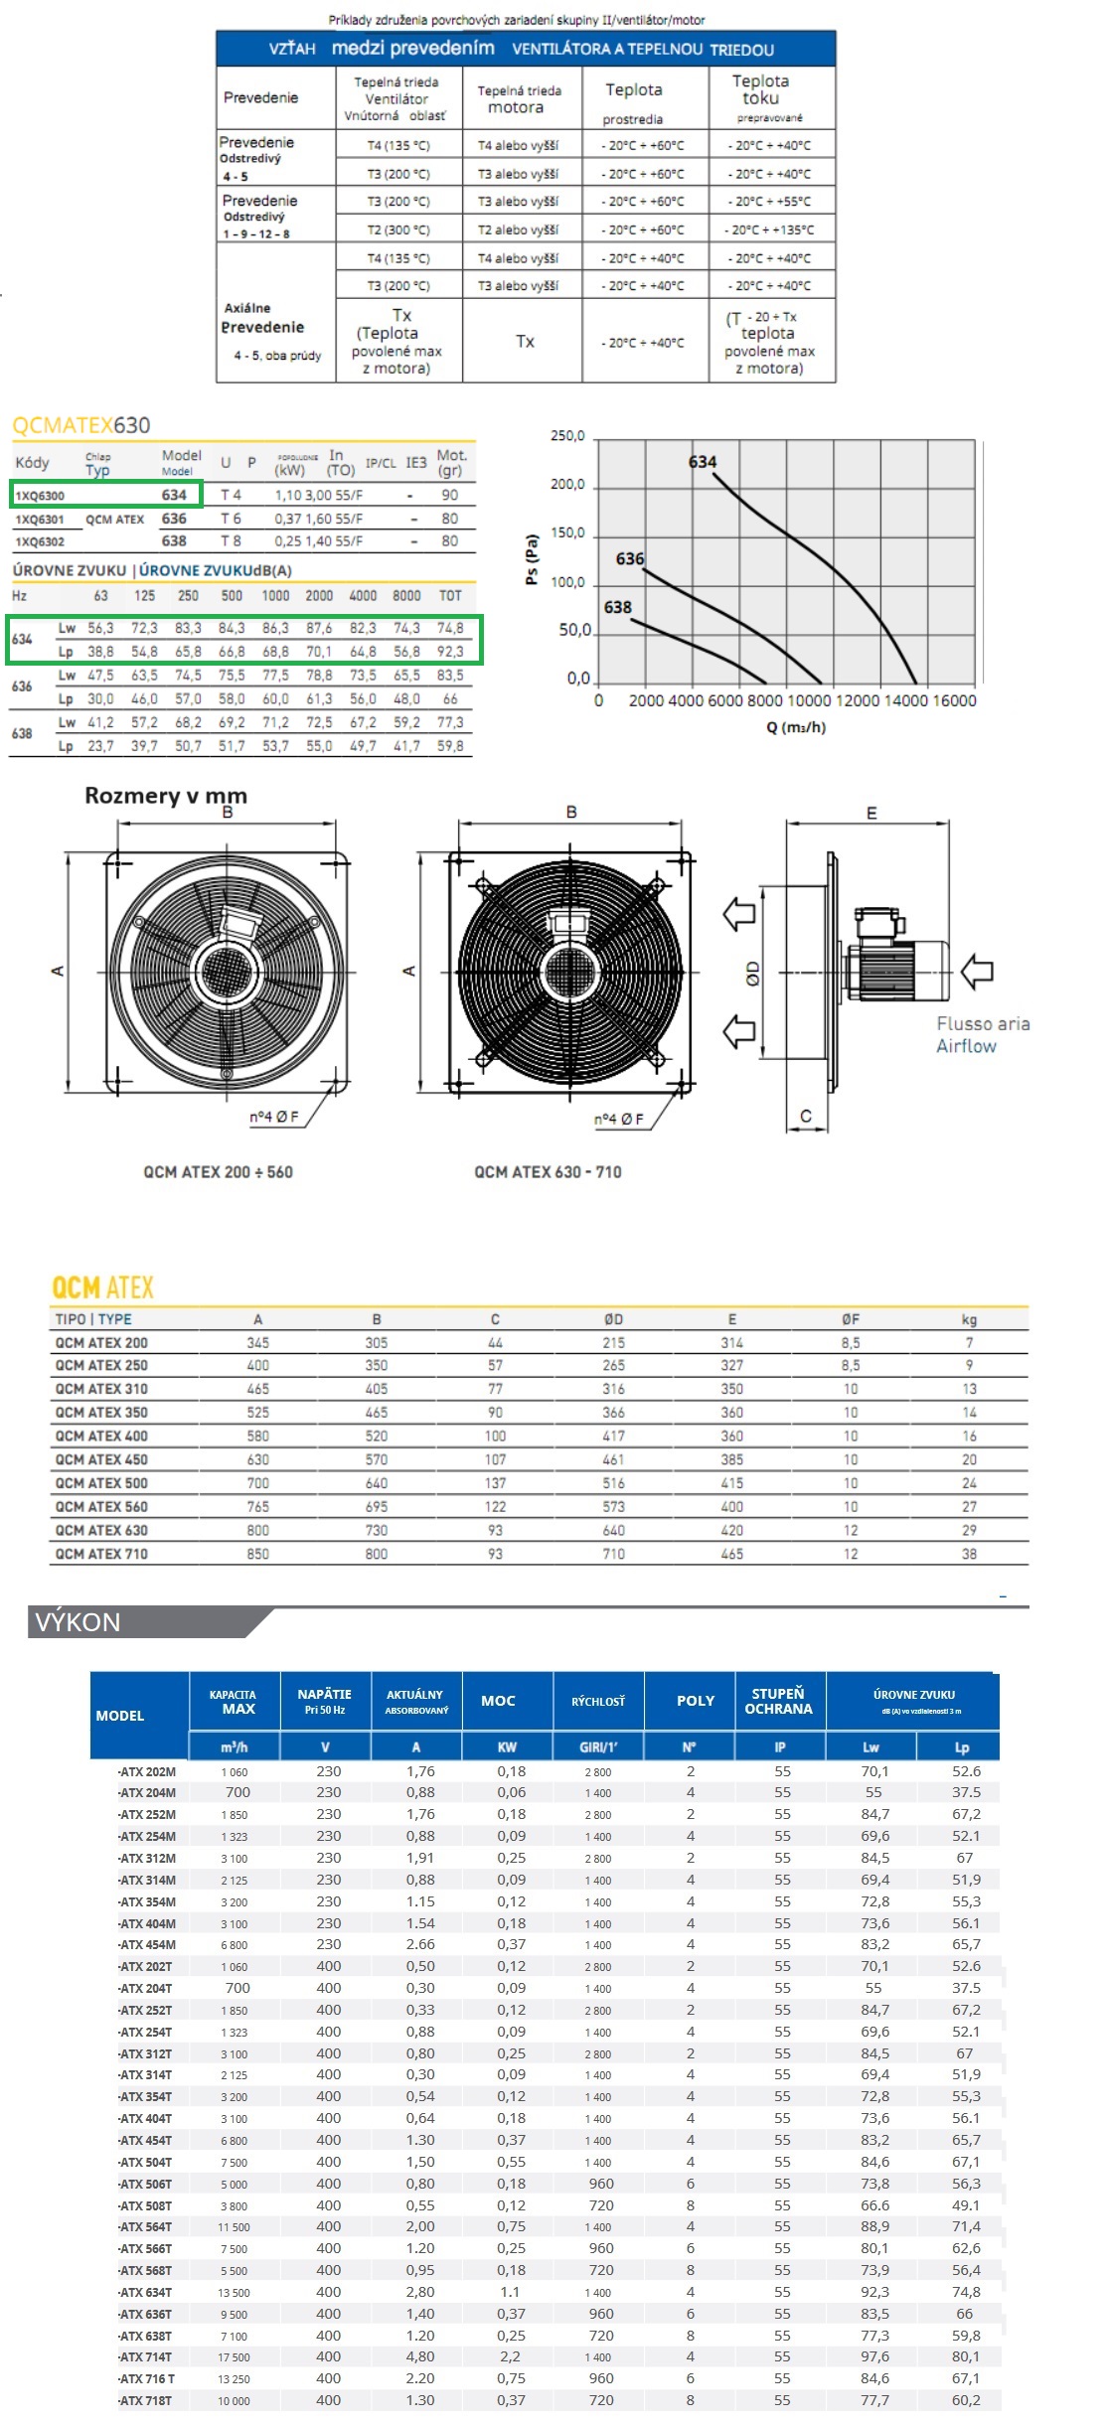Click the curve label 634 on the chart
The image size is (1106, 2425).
[702, 462]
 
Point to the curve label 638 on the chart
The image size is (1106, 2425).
[617, 607]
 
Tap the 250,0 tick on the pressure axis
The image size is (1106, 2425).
[567, 436]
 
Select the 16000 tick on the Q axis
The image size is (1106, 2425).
[954, 700]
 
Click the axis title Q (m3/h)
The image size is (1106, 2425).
[795, 727]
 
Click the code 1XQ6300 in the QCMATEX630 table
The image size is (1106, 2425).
[40, 496]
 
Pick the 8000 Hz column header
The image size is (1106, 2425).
[406, 596]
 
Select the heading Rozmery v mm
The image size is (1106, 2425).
[166, 796]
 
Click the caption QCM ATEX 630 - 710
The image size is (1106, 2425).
[548, 1172]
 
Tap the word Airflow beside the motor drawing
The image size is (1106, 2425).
[965, 1046]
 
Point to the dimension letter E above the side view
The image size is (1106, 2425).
[871, 814]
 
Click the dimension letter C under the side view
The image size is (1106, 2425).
[806, 1117]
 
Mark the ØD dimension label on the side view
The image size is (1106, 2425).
[753, 974]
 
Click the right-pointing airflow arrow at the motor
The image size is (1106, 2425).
[977, 971]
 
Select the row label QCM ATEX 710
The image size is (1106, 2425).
[101, 1554]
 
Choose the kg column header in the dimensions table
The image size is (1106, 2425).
[969, 1319]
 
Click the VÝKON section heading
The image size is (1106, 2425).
[78, 1622]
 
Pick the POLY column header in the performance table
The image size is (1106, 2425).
[696, 1701]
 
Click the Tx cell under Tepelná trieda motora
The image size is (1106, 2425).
[525, 342]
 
